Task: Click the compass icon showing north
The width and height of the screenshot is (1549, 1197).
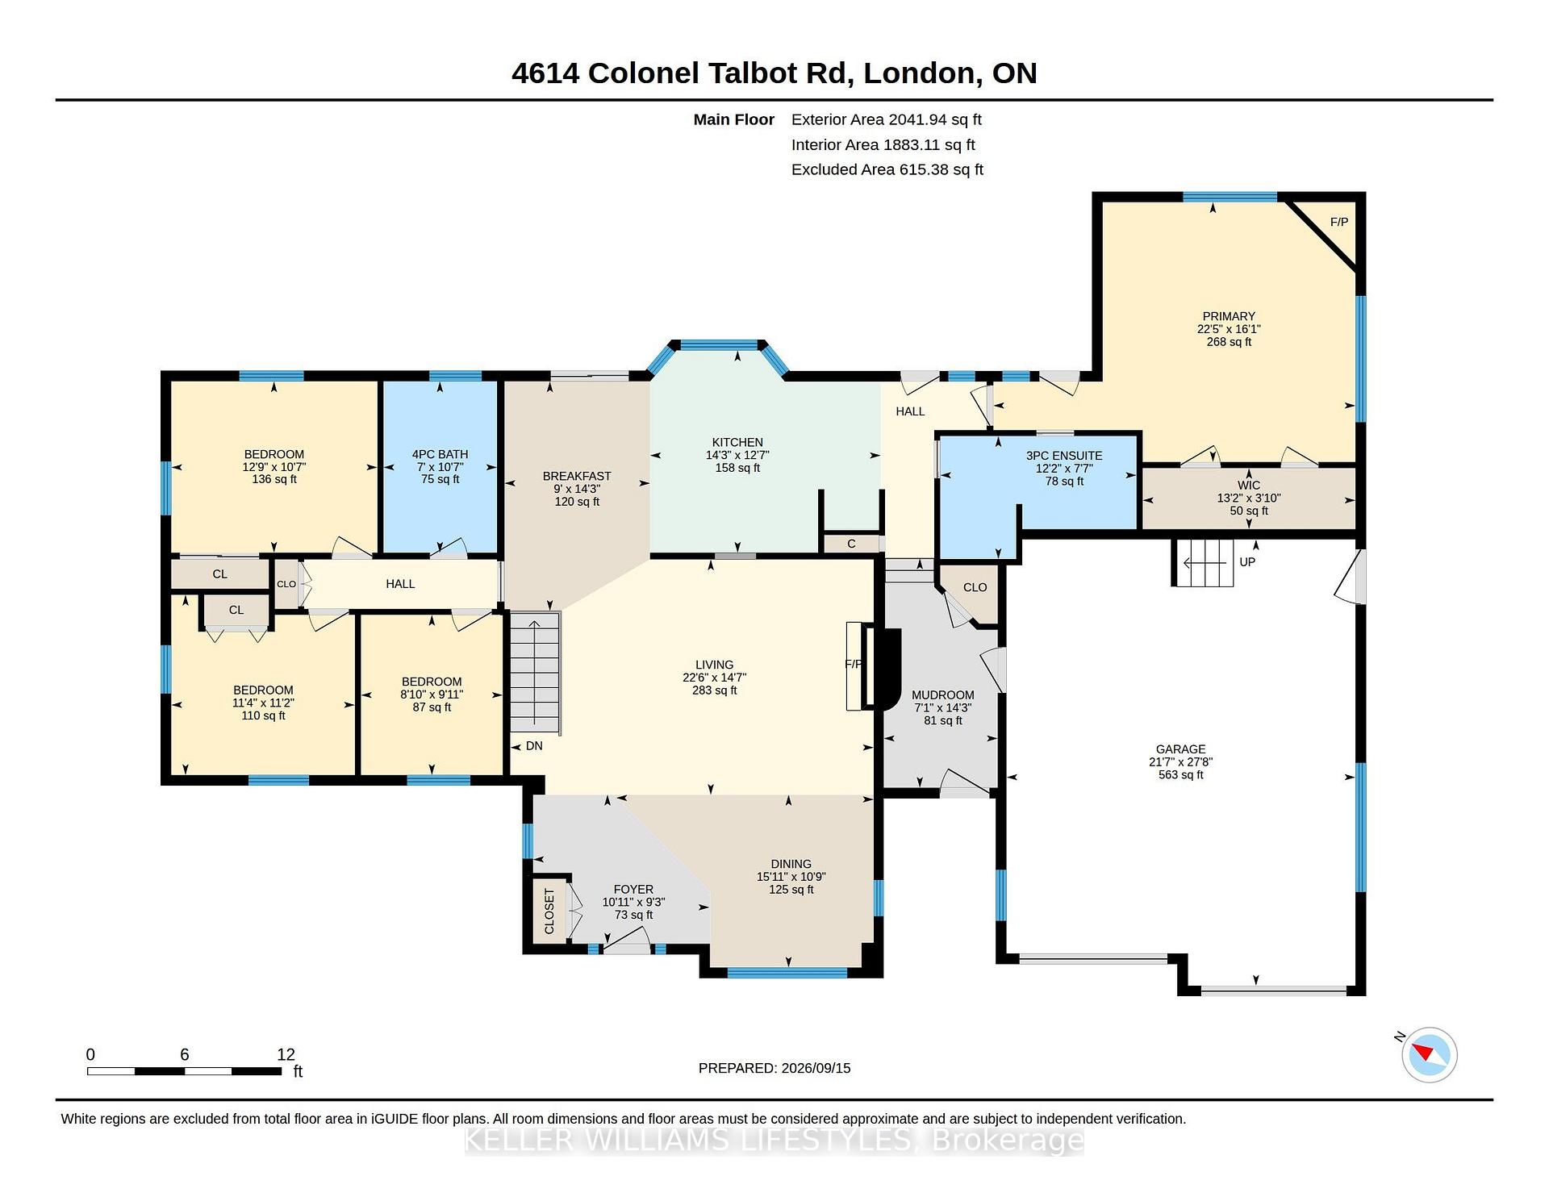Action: point(1429,1054)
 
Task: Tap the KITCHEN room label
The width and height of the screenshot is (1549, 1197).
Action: point(737,442)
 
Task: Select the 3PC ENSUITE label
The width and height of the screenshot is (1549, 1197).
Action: point(1064,456)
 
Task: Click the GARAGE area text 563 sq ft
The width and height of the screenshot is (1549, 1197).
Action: point(1180,775)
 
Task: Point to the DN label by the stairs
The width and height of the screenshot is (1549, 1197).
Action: point(534,746)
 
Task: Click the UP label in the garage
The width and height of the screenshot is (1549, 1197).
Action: point(1247,562)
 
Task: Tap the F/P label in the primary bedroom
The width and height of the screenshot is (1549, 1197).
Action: point(1339,222)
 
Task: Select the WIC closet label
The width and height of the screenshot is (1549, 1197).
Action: point(1249,486)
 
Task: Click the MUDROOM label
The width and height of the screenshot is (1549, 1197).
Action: point(942,695)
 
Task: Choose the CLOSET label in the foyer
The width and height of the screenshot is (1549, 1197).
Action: point(549,911)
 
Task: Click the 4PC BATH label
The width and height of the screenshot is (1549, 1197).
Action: point(440,454)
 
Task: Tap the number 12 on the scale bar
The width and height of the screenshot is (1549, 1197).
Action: point(286,1054)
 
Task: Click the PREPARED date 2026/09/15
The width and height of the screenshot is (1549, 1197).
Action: point(816,1068)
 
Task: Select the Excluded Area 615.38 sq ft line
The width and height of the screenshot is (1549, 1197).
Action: point(887,169)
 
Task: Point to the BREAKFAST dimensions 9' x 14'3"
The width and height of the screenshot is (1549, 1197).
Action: point(577,489)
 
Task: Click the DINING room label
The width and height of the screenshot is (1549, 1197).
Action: point(791,864)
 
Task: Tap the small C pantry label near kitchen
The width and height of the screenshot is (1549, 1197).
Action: point(851,544)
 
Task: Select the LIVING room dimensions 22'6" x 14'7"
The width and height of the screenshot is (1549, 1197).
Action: point(714,678)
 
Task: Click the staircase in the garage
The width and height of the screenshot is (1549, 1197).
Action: point(1203,562)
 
